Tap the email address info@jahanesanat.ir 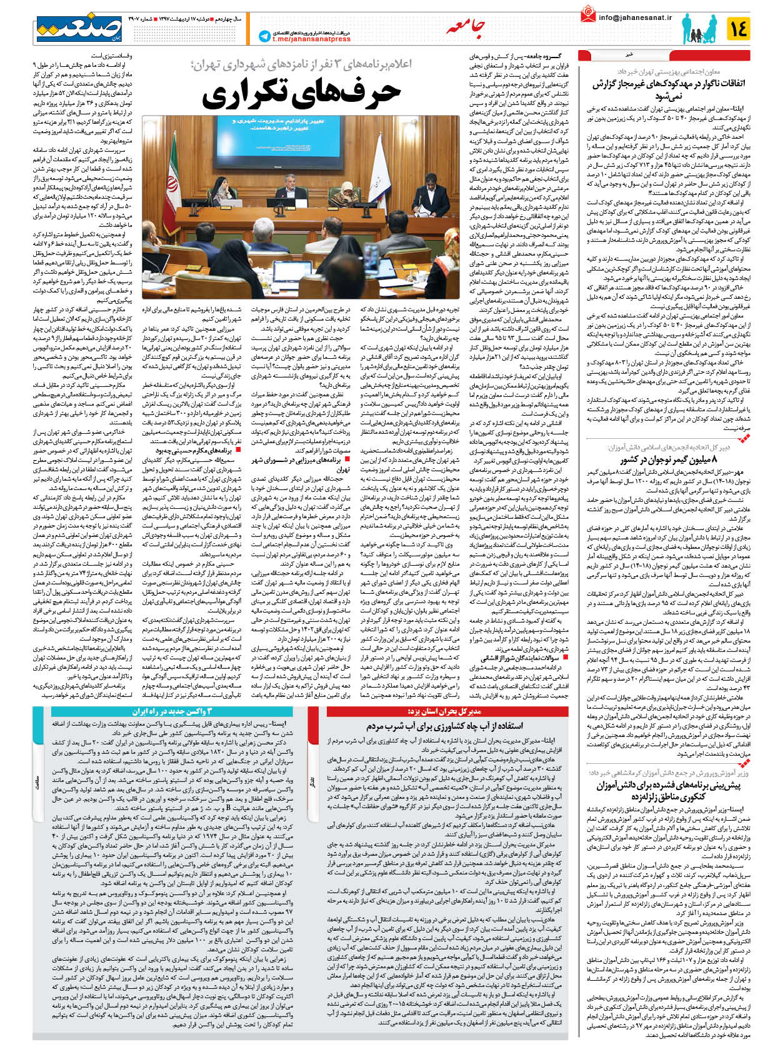[635, 18]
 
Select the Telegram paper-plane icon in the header [264, 36]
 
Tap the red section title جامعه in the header [466, 27]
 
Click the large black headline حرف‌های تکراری [301, 92]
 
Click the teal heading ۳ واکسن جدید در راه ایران [172, 711]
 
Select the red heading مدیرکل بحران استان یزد [444, 711]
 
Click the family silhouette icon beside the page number [699, 29]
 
